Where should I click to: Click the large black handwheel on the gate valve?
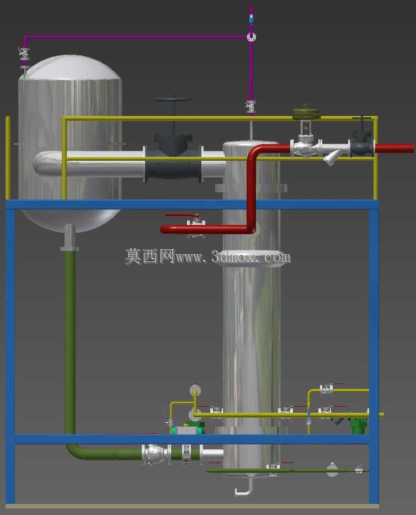point(173,99)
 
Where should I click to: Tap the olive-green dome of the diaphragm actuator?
point(306,114)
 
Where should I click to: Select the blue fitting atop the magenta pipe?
point(251,20)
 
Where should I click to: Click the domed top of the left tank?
point(70,67)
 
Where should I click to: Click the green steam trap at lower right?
point(358,425)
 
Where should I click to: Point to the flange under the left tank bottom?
point(70,249)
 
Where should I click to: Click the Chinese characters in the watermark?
point(150,256)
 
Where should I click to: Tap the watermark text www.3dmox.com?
point(233,257)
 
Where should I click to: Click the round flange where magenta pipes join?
point(251,37)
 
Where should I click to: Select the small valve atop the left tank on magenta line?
point(24,54)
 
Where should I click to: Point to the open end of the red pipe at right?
point(412,148)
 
